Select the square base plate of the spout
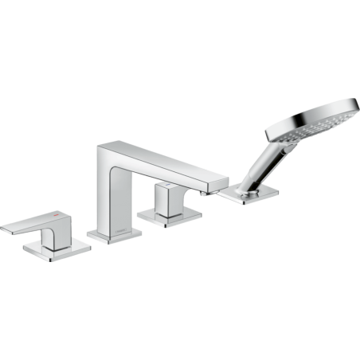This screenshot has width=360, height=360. click(x=112, y=237)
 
